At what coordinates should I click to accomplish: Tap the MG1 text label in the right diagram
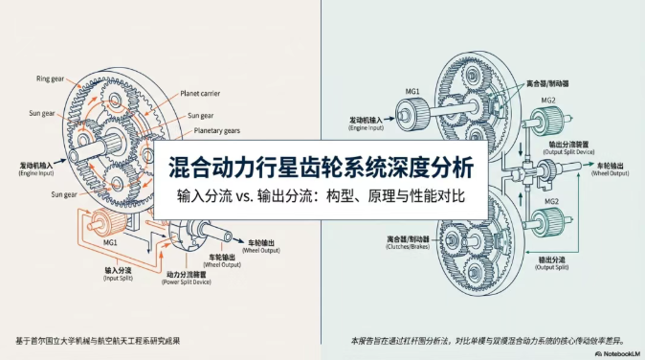[x=412, y=93]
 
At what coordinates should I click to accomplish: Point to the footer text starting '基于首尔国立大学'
[x=98, y=339]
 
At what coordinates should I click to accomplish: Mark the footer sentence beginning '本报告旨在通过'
[x=487, y=339]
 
